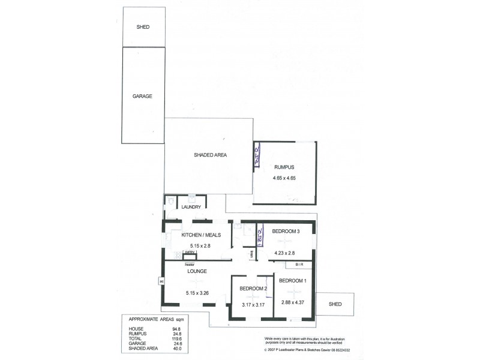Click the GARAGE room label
tap(142, 95)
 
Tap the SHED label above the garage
tap(142, 27)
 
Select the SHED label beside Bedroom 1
tap(335, 304)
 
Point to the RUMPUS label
tap(284, 167)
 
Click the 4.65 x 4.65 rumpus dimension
tap(284, 178)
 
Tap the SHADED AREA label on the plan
tap(210, 155)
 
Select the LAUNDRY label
tap(191, 207)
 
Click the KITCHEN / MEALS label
tap(199, 235)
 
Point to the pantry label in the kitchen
tap(189, 253)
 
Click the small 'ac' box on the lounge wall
tap(161, 280)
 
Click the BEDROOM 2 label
tap(253, 289)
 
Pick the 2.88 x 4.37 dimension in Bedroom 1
tap(293, 302)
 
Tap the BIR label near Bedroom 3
tap(299, 264)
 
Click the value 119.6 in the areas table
tap(178, 338)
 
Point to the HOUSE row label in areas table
tap(136, 329)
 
